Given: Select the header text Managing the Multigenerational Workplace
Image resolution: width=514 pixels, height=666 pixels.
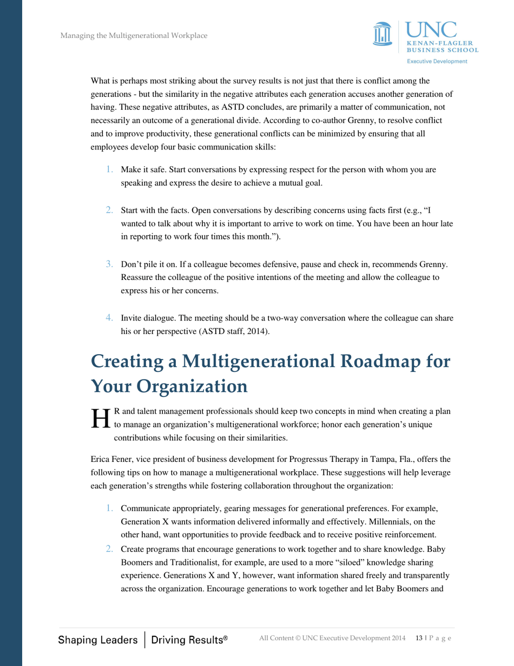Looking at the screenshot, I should [134, 36].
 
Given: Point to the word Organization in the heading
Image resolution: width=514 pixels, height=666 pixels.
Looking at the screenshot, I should [192, 386].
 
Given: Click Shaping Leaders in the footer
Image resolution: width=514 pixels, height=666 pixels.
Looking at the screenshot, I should [98, 639].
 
